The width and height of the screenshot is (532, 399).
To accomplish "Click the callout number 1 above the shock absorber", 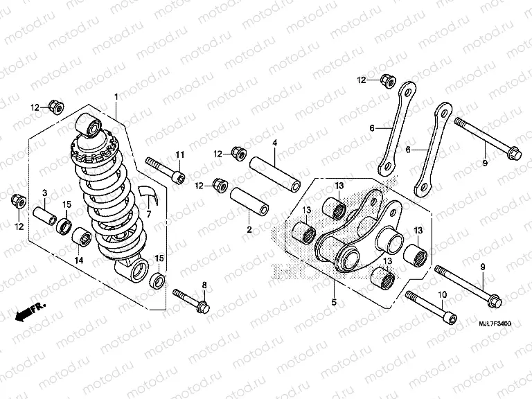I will [x=116, y=96].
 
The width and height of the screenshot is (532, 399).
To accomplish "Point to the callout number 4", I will [x=274, y=143].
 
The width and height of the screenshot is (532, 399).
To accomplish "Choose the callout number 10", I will [x=442, y=294].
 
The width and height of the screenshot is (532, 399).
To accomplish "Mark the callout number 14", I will [x=78, y=260].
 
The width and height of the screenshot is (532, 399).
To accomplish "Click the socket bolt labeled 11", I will [x=166, y=170].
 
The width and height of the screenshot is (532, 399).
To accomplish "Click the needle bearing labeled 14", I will [x=82, y=237].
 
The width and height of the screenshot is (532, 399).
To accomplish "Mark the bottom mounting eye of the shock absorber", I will [x=135, y=269].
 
